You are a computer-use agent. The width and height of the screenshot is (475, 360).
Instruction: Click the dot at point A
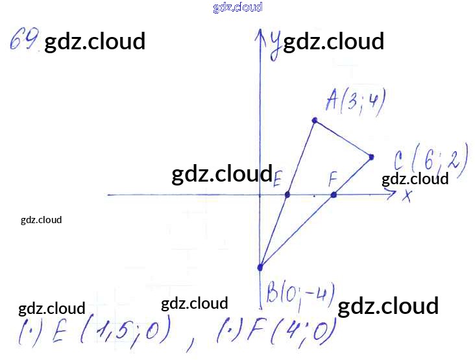coord(315,120)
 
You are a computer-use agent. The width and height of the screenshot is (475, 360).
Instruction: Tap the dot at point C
coord(371,156)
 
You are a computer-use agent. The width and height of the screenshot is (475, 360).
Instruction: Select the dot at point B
coord(260,267)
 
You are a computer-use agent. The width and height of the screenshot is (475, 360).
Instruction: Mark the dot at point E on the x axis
coord(287,195)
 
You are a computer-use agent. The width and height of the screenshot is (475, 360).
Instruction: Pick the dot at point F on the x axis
coord(334,195)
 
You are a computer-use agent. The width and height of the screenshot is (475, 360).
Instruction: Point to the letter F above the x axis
coord(333,177)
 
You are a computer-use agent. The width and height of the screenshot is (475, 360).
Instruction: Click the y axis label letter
coord(276,43)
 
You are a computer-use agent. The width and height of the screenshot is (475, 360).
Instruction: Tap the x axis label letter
coord(407,195)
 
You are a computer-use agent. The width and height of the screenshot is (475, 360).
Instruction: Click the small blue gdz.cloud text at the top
coord(237,8)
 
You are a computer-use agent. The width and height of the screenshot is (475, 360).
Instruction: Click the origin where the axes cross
coord(260,195)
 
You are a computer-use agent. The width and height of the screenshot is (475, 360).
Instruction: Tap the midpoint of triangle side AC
coord(343,138)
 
